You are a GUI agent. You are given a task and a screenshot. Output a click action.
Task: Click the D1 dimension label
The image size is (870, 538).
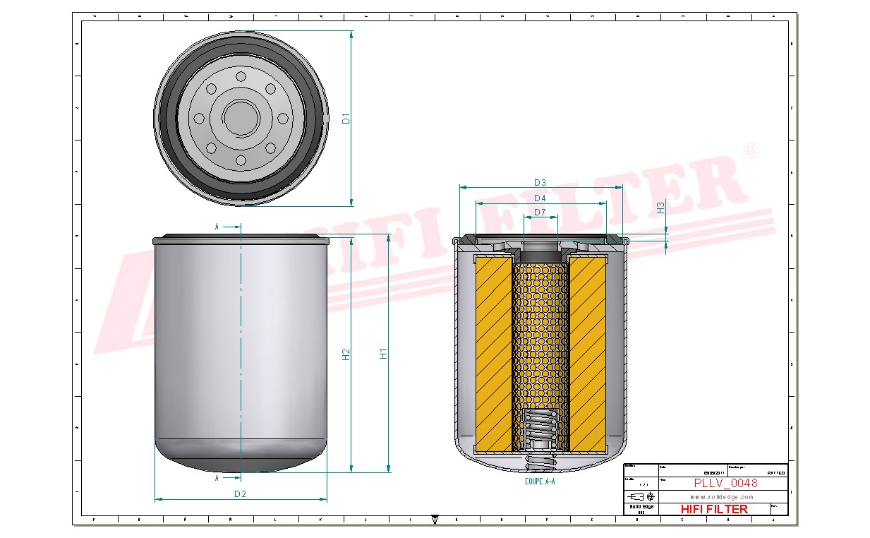coord(346,119)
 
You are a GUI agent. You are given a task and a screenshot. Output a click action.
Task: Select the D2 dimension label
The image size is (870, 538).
coord(240,494)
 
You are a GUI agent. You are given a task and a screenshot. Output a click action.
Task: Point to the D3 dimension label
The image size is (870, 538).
coord(540,183)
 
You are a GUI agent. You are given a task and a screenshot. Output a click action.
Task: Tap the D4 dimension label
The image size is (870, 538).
coord(540,198)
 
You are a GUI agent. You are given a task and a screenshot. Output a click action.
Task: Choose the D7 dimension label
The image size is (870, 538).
coord(540,213)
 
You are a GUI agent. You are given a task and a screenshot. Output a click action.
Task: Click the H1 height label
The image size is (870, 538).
coord(384,354)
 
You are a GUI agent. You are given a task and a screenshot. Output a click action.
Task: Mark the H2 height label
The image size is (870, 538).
coord(346,354)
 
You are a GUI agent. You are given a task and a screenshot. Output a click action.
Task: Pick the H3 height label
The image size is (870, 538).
coord(660,208)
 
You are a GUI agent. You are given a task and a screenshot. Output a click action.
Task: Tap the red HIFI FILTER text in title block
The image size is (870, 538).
coord(713,509)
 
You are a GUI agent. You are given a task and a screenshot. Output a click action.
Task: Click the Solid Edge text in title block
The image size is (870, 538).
coord(641,507)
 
